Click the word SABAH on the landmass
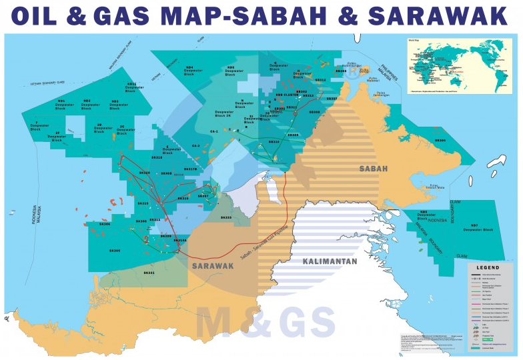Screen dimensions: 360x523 click(373, 169)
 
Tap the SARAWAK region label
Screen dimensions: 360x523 click(212, 265)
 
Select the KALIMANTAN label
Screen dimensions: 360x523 click(330, 261)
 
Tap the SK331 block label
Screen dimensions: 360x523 click(149, 272)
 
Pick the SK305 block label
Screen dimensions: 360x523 click(114, 250)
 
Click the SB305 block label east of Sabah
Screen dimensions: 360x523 click(440, 140)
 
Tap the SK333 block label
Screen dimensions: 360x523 click(226, 217)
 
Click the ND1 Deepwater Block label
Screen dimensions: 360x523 click(65, 104)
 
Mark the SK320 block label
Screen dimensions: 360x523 click(144, 173)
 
